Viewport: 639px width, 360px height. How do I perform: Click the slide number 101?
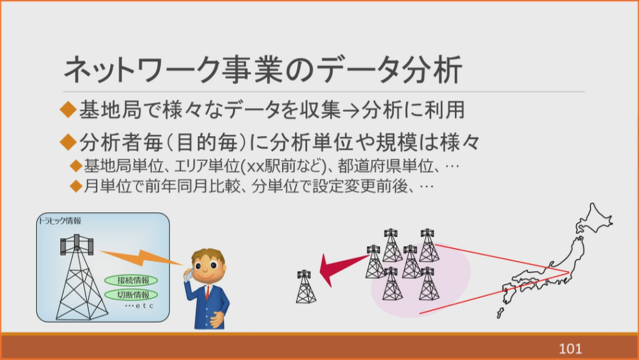click(570, 348)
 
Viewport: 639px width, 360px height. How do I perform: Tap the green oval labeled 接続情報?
click(131, 280)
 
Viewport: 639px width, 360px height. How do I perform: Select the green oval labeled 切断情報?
click(131, 295)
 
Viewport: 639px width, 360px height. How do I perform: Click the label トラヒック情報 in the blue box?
click(60, 221)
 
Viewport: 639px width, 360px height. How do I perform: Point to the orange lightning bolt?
click(140, 258)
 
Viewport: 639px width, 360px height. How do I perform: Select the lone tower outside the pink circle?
click(306, 286)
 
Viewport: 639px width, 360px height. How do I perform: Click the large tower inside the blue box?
click(79, 277)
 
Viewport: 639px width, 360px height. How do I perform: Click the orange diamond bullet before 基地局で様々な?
click(68, 110)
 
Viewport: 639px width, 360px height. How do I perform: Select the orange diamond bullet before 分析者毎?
click(68, 142)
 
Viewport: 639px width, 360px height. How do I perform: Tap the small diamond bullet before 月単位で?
click(76, 186)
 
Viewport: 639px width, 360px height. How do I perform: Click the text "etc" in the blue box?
click(144, 306)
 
